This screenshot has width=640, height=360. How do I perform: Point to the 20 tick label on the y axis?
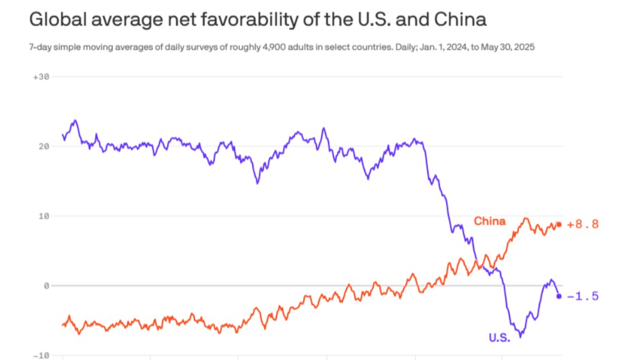[x=41, y=146]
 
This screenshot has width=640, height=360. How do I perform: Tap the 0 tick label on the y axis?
[x=44, y=285]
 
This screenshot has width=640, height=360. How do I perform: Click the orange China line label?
[x=490, y=221]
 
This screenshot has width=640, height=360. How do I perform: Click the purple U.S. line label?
[x=500, y=338]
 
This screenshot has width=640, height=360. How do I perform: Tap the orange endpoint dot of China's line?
[x=559, y=224]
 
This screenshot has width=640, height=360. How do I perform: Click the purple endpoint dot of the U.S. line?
[x=559, y=296]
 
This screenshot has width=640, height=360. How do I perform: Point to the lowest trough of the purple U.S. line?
[x=521, y=336]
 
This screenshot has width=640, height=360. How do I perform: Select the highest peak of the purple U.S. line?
[x=75, y=120]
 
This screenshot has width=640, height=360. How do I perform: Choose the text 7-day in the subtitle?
[x=41, y=47]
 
